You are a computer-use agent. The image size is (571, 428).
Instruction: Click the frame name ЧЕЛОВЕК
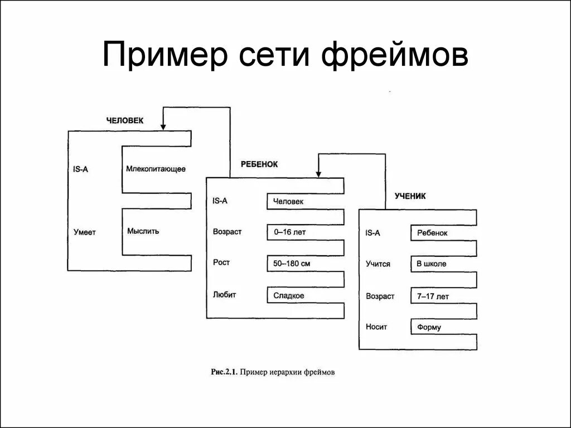pyautogui.click(x=125, y=120)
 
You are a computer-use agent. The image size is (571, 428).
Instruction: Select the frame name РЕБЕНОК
pyautogui.click(x=259, y=164)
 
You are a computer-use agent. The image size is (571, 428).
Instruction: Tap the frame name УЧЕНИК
pyautogui.click(x=410, y=196)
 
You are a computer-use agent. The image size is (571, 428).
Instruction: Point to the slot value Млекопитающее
pyautogui.click(x=156, y=168)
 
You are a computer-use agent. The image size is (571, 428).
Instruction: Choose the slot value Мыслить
pyautogui.click(x=143, y=231)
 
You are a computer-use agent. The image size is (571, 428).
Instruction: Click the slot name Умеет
pyautogui.click(x=84, y=232)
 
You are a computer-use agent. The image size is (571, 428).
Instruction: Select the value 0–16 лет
pyautogui.click(x=290, y=231)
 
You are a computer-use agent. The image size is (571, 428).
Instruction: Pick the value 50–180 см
pyautogui.click(x=292, y=263)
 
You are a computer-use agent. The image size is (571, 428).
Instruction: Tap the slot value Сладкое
pyautogui.click(x=289, y=296)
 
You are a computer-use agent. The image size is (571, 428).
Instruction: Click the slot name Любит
pyautogui.click(x=222, y=295)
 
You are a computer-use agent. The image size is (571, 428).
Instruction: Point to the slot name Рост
pyautogui.click(x=221, y=262)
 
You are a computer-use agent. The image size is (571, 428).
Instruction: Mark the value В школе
pyautogui.click(x=432, y=264)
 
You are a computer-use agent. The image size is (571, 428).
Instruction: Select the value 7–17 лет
pyautogui.click(x=433, y=296)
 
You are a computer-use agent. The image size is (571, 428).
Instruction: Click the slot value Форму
pyautogui.click(x=429, y=327)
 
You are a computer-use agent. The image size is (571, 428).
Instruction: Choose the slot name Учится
pyautogui.click(x=378, y=264)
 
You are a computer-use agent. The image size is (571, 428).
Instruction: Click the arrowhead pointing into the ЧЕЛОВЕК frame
pyautogui.click(x=163, y=127)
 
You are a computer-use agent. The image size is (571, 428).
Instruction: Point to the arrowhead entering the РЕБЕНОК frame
pyautogui.click(x=318, y=174)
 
